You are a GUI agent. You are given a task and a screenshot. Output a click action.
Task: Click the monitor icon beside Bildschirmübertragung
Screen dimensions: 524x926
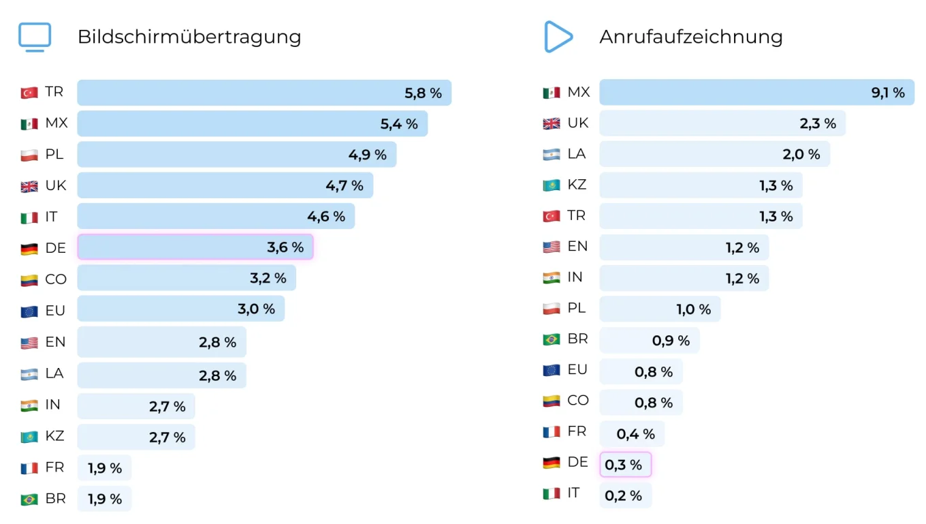[35, 37]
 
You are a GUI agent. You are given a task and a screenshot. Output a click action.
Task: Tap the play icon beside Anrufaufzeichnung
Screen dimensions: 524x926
[558, 37]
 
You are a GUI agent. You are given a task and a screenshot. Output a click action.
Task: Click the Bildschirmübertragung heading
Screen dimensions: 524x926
[189, 37]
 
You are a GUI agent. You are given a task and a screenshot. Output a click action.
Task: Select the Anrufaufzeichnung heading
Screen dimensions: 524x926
[690, 37]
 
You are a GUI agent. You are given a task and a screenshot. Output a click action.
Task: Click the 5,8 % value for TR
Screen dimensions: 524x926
[423, 93]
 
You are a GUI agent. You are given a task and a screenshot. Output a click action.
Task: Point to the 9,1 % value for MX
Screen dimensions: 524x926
[888, 93]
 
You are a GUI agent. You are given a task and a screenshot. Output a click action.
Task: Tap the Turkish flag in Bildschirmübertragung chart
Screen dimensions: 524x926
[29, 93]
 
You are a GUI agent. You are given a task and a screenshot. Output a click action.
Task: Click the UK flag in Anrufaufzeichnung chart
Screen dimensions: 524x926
[551, 124]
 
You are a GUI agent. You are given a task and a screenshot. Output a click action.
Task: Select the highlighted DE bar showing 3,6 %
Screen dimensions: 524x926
[195, 247]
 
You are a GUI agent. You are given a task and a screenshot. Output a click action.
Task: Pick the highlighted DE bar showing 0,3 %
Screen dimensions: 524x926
[625, 465]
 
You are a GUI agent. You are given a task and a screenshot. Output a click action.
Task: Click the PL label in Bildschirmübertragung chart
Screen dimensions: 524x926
[54, 155]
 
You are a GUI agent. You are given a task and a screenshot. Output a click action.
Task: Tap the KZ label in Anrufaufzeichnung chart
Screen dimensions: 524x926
[577, 185]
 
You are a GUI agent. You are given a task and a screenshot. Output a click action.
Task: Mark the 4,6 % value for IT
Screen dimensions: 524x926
[326, 217]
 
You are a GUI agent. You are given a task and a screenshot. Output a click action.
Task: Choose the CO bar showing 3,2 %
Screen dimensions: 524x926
[187, 278]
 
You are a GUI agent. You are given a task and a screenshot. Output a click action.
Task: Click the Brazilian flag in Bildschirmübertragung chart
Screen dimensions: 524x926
[29, 499]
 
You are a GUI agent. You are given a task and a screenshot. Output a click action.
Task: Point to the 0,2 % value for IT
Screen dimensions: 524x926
[623, 496]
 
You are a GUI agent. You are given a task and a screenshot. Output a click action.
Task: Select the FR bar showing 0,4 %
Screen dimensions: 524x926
[631, 434]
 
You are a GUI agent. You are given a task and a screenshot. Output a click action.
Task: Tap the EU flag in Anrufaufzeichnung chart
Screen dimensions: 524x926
[551, 371]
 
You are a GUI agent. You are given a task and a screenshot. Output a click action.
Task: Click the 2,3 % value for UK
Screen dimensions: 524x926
[818, 124]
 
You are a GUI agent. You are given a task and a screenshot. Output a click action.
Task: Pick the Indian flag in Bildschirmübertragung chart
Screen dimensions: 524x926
[29, 406]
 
